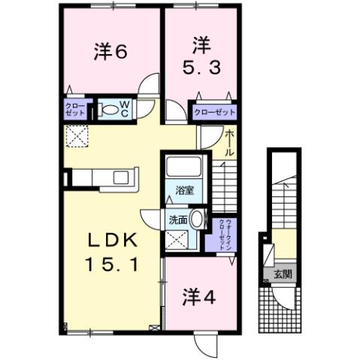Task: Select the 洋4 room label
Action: click(199, 295)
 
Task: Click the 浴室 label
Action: click(185, 190)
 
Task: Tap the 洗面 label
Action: click(177, 220)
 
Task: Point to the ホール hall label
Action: click(230, 144)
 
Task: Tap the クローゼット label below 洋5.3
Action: click(214, 111)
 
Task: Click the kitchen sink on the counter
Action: click(120, 177)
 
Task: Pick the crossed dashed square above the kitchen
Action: click(77, 135)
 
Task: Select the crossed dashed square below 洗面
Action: click(177, 241)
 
